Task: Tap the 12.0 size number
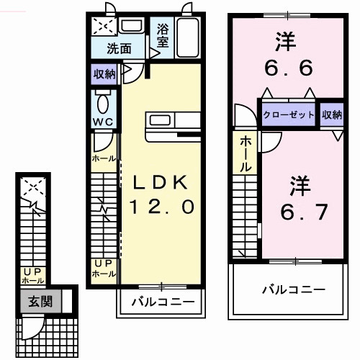(161, 207)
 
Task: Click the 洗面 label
(120, 49)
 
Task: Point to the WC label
(101, 122)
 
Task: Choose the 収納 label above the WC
(104, 73)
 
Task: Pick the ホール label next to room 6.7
(246, 153)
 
